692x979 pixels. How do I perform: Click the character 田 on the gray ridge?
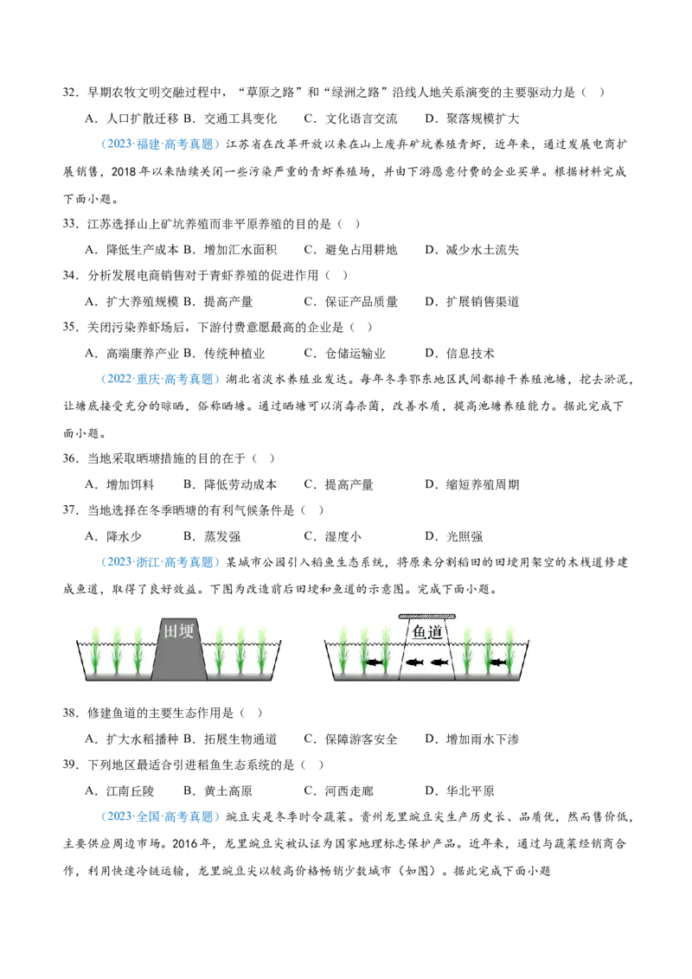(171, 631)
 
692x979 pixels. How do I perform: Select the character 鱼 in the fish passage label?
(418, 634)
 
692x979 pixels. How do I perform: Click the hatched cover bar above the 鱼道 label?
(426, 617)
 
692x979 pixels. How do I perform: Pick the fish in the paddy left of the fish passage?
(374, 663)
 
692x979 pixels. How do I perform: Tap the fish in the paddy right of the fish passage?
(497, 663)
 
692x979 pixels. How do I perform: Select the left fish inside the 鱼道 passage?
(415, 663)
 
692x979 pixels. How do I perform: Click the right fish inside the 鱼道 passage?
(439, 663)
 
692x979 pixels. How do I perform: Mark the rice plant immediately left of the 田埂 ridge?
(138, 650)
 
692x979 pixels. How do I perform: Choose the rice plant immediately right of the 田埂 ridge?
(220, 650)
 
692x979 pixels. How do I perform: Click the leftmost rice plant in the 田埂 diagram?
(95, 650)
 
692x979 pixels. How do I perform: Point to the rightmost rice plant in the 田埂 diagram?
(261, 650)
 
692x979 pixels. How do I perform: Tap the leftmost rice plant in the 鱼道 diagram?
(343, 650)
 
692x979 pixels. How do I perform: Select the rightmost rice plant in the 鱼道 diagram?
(509, 650)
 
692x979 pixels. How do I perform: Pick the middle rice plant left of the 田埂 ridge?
(117, 650)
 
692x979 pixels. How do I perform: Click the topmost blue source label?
(160, 144)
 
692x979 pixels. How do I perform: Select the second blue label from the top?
(160, 379)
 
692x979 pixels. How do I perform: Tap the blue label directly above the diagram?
(160, 562)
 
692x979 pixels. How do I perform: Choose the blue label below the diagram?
(160, 816)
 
